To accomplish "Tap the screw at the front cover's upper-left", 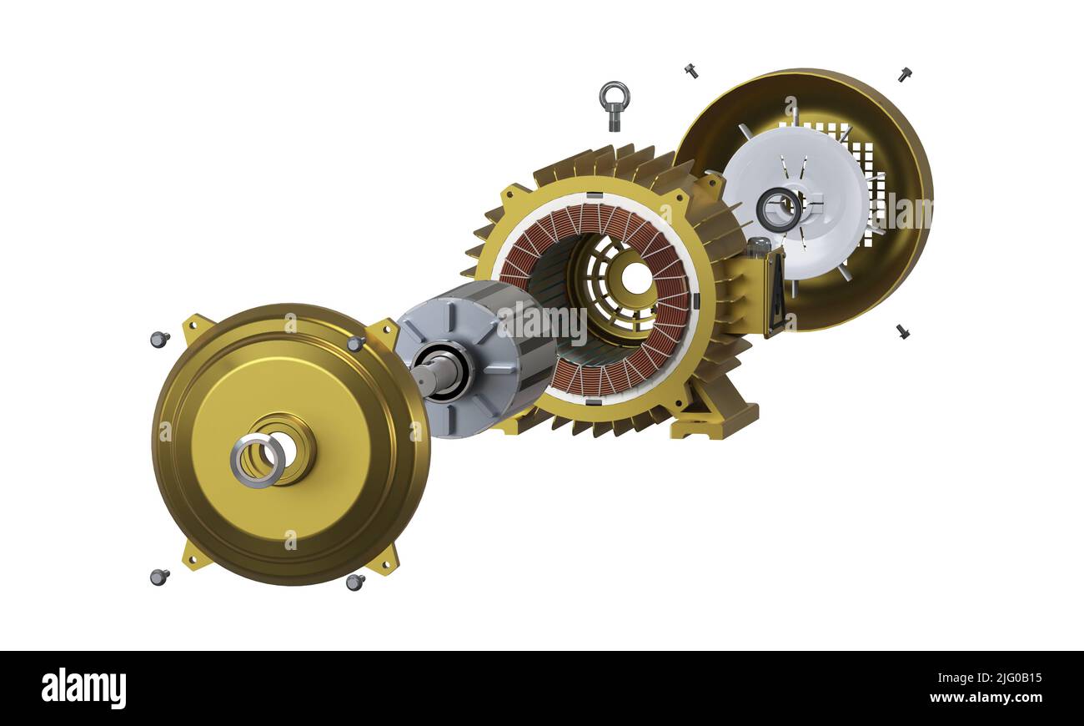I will (x=158, y=339).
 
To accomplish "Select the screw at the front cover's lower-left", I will (x=158, y=577).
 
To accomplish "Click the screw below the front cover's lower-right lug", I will (x=354, y=582).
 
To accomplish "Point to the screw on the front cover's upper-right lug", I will (x=356, y=343).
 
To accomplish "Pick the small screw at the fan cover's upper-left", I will (x=690, y=71).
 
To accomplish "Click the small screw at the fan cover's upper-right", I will (x=904, y=74).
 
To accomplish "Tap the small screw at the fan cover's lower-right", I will (x=902, y=331).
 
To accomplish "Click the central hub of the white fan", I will (x=779, y=209).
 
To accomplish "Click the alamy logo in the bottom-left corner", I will (x=83, y=688).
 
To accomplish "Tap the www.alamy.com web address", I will (x=986, y=698).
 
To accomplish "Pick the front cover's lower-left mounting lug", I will (x=197, y=555).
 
